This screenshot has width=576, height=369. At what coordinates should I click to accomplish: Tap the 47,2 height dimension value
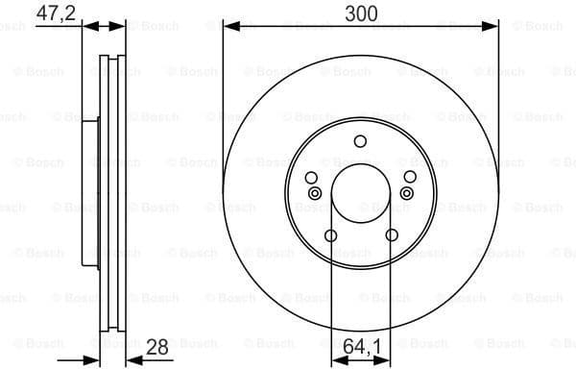(56, 13)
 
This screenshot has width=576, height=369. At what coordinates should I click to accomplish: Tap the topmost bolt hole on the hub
(360, 142)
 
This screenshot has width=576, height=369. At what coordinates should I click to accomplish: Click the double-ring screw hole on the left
(314, 193)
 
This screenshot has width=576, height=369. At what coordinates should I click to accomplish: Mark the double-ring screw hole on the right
(407, 193)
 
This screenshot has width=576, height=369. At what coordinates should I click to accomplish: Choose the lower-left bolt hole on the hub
(330, 235)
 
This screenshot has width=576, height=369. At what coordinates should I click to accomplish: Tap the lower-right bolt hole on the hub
(391, 235)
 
